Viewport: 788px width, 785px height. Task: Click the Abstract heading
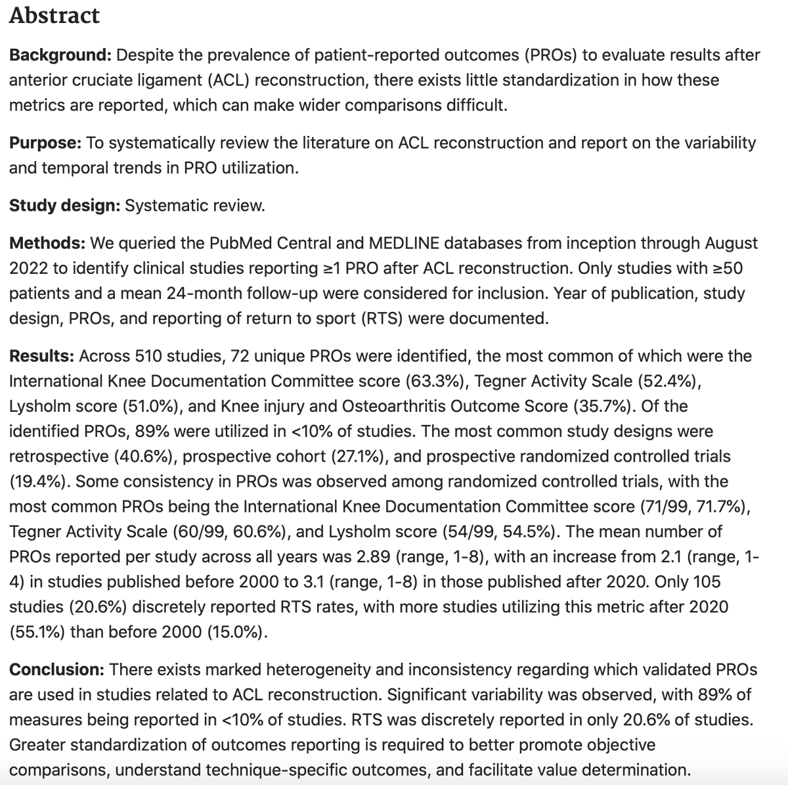(x=55, y=16)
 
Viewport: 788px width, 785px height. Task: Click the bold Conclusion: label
(x=56, y=669)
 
